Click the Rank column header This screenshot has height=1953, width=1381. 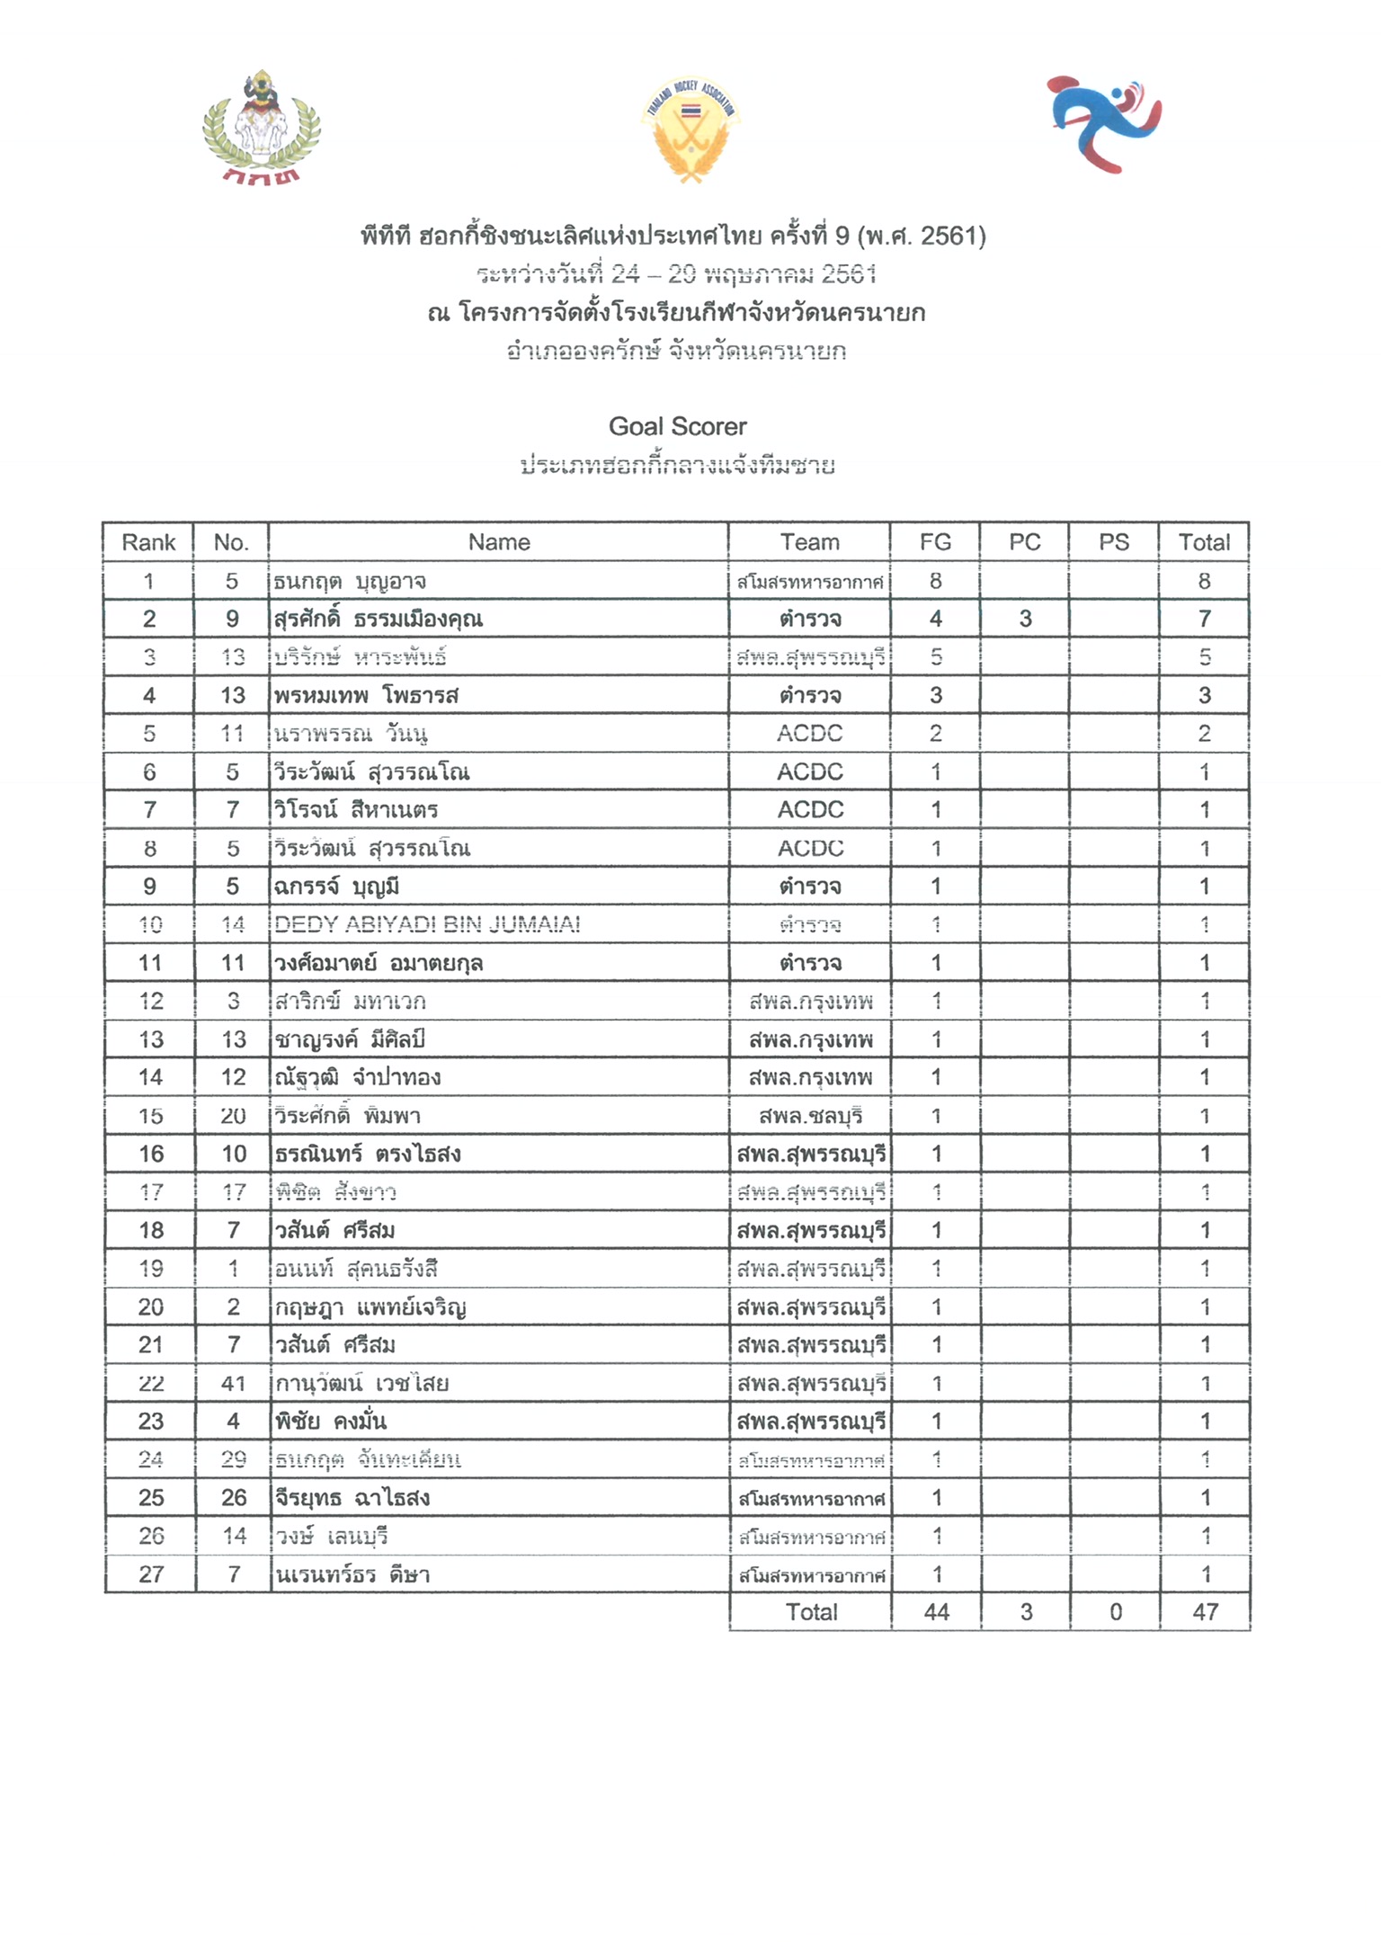148,542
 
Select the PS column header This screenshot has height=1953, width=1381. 1113,542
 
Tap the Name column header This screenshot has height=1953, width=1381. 499,542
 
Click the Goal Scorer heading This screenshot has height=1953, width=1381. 678,426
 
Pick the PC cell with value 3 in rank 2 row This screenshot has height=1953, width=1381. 1025,619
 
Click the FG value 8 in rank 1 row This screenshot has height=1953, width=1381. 935,581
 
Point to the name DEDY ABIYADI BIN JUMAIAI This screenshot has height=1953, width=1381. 427,924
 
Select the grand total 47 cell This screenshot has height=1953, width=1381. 1205,1612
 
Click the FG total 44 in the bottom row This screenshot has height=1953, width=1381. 936,1612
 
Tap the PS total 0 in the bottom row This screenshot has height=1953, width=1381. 1115,1612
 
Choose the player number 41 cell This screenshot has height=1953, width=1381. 233,1383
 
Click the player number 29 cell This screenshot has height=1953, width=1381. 233,1459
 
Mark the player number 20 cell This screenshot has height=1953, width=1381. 233,1116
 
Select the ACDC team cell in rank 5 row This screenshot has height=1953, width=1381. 809,734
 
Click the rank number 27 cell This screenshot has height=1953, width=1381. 151,1574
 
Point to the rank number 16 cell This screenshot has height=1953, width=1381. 151,1154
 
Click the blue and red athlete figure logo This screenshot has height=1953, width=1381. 1104,124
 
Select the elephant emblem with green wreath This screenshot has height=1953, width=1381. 261,126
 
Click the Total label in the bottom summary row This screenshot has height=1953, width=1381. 811,1612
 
